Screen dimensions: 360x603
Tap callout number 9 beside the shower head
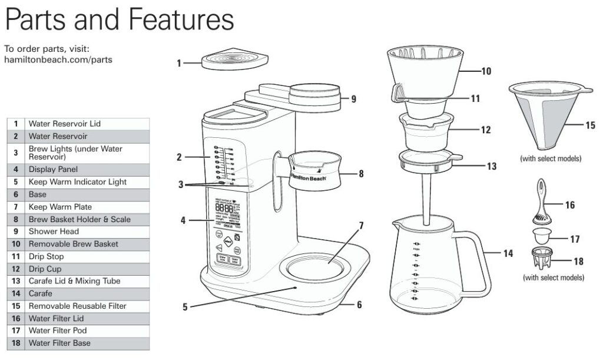(x=353, y=99)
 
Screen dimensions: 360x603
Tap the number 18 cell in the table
(x=16, y=343)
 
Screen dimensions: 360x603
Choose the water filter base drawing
(x=544, y=259)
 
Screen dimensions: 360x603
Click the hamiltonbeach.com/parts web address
(x=58, y=60)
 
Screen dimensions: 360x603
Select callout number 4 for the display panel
(x=183, y=221)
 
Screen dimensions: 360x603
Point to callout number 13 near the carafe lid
(x=492, y=166)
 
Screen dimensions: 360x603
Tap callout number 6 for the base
(x=359, y=305)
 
